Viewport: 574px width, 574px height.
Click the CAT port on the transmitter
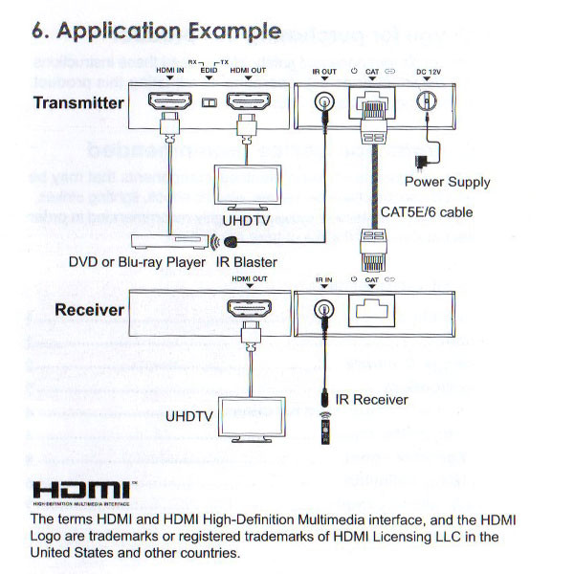(x=372, y=101)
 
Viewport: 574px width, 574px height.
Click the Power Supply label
(x=447, y=182)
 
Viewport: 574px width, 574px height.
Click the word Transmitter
(x=78, y=102)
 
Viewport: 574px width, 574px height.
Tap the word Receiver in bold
(x=89, y=310)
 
